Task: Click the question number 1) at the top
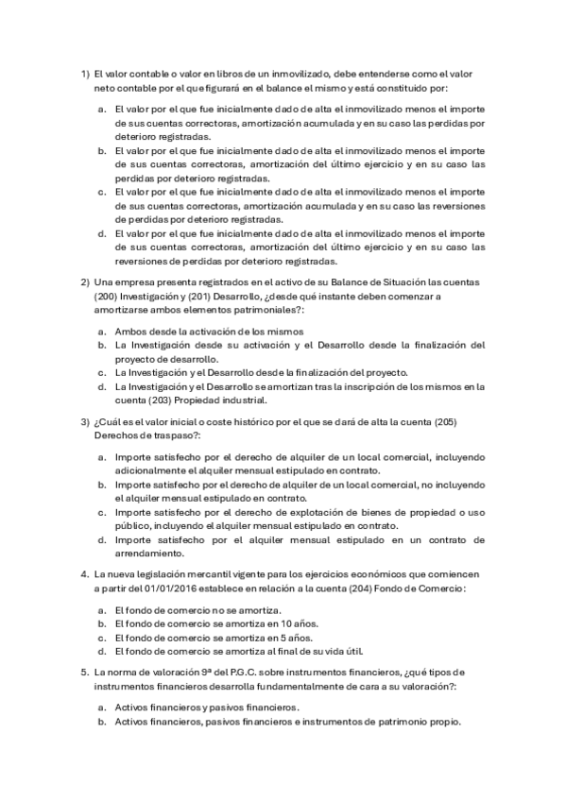(x=84, y=74)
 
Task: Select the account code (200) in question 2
(x=106, y=297)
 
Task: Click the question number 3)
(x=84, y=420)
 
